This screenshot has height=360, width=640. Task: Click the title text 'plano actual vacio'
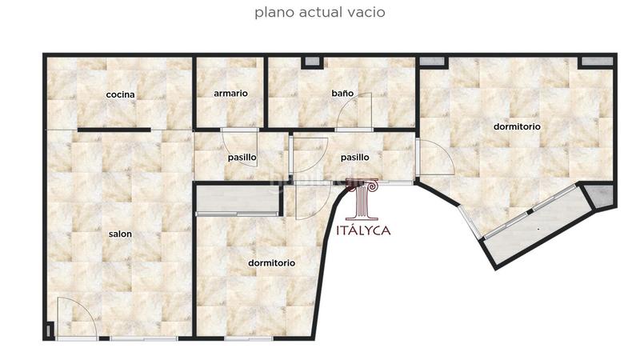coord(320,13)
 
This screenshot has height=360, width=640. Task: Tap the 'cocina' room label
coord(121,94)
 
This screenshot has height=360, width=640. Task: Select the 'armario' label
coord(230,94)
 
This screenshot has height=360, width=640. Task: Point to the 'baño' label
coord(342,94)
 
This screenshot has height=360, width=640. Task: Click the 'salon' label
coord(120,234)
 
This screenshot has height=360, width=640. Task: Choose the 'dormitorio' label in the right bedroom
coord(517,126)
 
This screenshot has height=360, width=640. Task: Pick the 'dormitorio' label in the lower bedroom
coord(271,262)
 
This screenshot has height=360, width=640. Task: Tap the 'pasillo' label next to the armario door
coord(242,158)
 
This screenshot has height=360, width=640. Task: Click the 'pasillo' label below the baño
coord(354,158)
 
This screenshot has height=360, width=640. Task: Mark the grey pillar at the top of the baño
coord(311,62)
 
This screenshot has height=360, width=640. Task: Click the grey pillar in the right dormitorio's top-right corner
coord(596,61)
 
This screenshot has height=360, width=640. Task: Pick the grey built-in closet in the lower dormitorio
coord(238,198)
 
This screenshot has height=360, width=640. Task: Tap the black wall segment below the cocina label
coord(114,129)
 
